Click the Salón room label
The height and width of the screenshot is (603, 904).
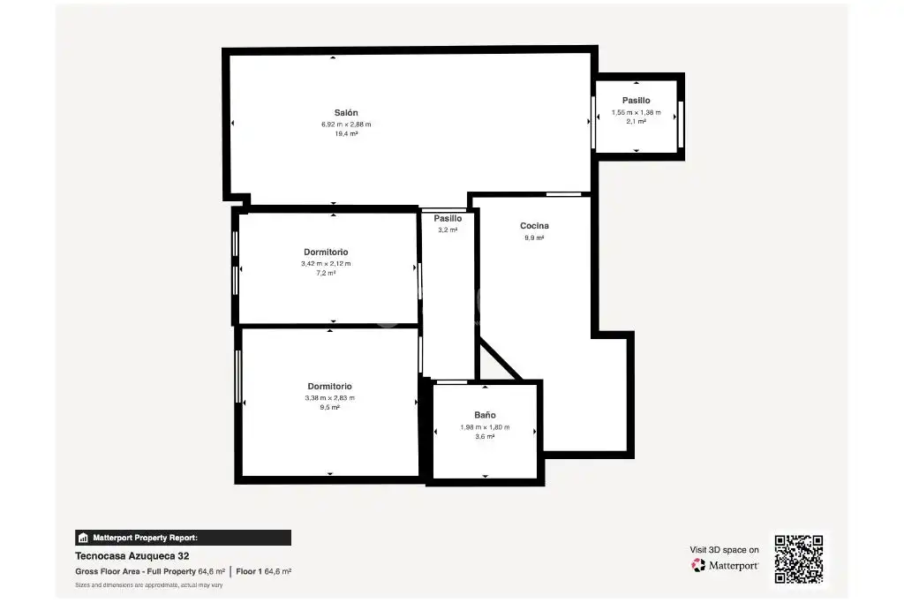click(346, 113)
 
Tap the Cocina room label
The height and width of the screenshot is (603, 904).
click(534, 226)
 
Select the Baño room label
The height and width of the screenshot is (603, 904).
click(485, 415)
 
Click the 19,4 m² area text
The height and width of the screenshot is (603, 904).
click(346, 133)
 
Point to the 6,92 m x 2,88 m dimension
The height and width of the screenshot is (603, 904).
click(346, 124)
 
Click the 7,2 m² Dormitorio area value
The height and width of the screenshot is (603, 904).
click(326, 274)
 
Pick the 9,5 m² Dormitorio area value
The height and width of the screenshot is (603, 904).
click(330, 408)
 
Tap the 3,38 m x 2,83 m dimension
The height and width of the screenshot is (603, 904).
click(330, 398)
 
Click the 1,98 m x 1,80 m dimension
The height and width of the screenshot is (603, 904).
click(485, 427)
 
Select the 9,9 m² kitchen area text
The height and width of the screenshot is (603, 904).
click(534, 237)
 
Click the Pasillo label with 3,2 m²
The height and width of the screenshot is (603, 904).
click(448, 218)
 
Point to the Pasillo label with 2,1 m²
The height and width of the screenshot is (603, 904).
click(636, 101)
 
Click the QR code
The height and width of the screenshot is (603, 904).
click(799, 559)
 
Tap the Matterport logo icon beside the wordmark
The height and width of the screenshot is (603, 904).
click(698, 566)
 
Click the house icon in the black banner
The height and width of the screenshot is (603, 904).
click(83, 538)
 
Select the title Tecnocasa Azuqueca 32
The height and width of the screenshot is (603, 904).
click(132, 556)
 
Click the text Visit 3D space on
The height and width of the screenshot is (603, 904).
click(724, 550)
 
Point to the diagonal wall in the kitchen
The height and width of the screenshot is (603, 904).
click(501, 359)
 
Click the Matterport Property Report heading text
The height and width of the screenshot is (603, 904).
click(146, 538)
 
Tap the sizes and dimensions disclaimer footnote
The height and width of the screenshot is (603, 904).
click(148, 585)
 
